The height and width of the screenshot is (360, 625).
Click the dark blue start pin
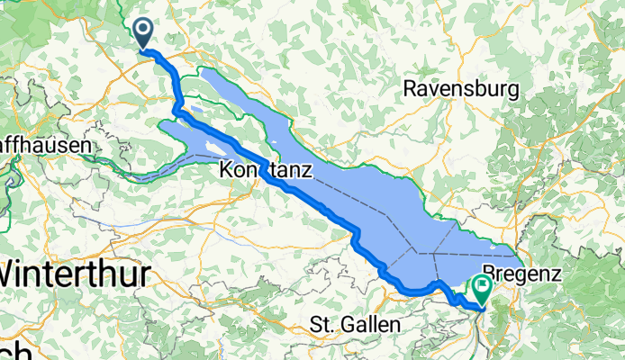point(144,34)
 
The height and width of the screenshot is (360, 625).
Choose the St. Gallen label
point(350,324)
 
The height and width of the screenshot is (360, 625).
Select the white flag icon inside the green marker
point(481,286)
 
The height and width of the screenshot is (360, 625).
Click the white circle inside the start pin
point(144,30)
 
